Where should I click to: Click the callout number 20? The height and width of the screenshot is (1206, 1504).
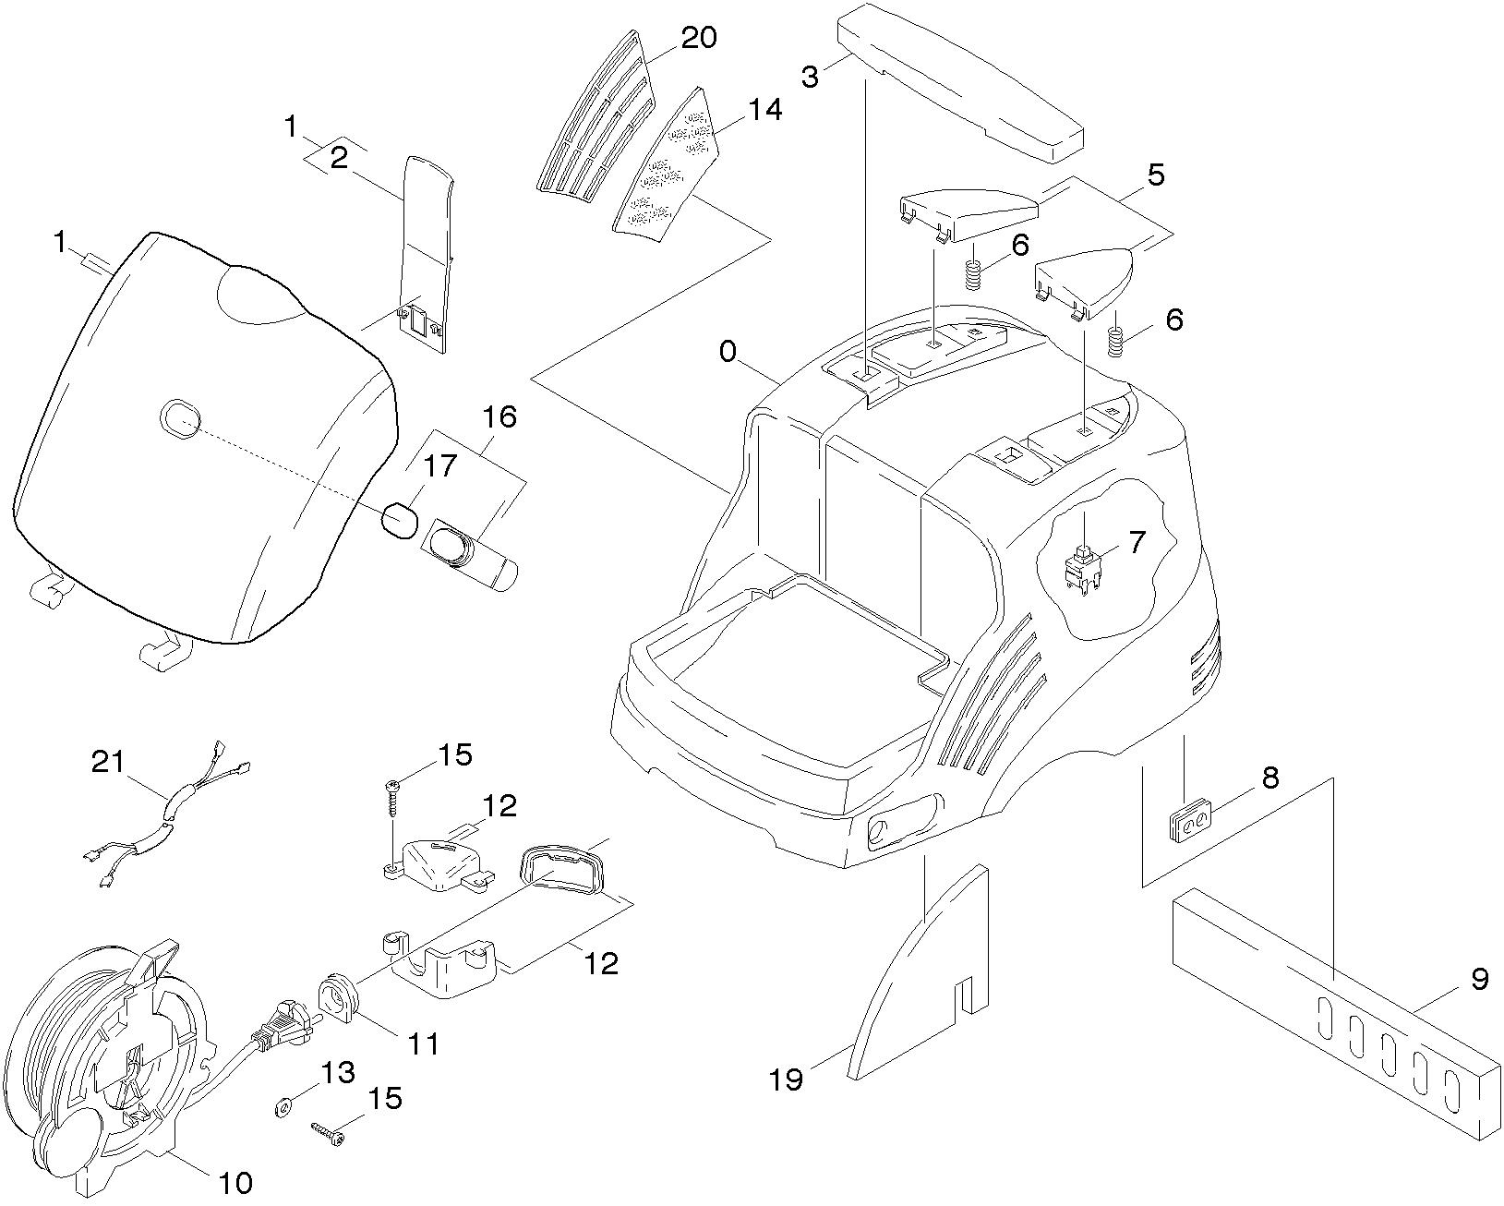coord(698,38)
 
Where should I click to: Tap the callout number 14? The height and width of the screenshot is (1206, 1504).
coord(765,110)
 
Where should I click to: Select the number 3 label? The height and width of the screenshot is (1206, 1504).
coord(810,77)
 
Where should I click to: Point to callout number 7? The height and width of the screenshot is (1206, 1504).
coord(1136,542)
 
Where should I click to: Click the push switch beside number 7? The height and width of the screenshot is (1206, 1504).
coord(1081,569)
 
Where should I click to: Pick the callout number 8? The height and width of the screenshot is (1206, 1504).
coord(1270,778)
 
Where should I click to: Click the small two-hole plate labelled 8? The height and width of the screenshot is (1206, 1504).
coord(1192,819)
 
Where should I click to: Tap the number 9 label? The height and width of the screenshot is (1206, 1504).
coord(1479,979)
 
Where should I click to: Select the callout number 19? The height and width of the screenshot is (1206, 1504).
coord(787,1079)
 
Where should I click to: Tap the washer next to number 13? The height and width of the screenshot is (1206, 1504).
coord(283,1105)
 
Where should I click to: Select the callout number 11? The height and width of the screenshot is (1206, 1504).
coord(424,1044)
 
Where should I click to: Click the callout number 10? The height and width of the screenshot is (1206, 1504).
coord(236,1183)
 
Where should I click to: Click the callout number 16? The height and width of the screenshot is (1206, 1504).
coord(499,416)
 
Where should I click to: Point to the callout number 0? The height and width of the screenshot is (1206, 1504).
coord(728,352)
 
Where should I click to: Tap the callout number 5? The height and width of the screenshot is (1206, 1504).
coord(1155,175)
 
